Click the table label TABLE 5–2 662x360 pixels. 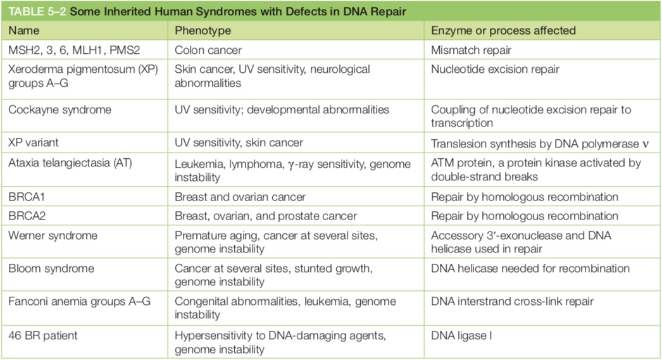(37, 11)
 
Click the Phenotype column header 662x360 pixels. (203, 31)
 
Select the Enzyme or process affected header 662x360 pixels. (503, 31)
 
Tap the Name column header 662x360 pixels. (23, 31)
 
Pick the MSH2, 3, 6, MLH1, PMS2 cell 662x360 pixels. (74, 50)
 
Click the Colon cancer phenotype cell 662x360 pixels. (208, 50)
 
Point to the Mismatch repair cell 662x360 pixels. (471, 50)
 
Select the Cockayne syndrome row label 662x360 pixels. (60, 109)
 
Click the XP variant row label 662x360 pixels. (34, 142)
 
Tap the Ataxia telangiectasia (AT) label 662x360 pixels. (70, 163)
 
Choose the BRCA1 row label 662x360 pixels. (27, 197)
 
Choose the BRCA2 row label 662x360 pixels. (27, 216)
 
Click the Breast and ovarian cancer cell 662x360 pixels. (240, 197)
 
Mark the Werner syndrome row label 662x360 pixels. (53, 235)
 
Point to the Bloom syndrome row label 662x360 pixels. (51, 268)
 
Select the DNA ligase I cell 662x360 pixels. (461, 336)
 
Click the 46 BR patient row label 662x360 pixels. (43, 336)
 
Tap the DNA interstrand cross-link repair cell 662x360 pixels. (512, 301)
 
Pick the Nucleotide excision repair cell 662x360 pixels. (495, 69)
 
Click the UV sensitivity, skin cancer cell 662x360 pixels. (239, 142)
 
